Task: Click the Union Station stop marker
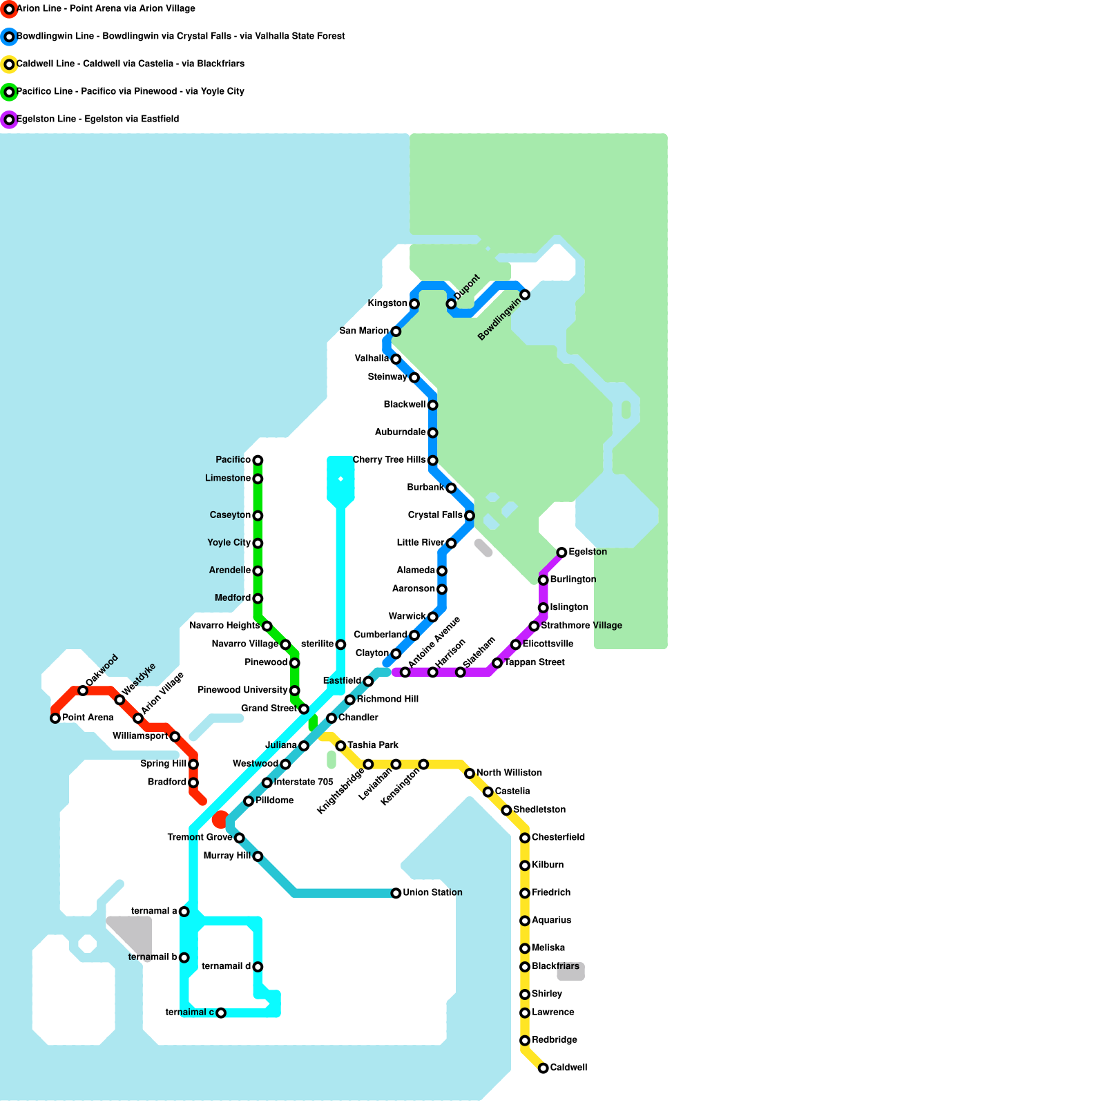(x=396, y=893)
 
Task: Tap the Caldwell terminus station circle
(x=544, y=1068)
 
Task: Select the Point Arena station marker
(x=55, y=718)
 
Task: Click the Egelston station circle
(x=561, y=552)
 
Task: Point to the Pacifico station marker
(x=258, y=460)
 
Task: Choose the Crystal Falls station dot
(x=470, y=515)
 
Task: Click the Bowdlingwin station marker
(x=525, y=295)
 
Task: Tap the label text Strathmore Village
(x=582, y=626)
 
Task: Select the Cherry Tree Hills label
(x=389, y=460)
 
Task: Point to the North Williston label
(x=509, y=773)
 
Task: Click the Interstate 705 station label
(x=303, y=782)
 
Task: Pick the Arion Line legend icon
(x=9, y=9)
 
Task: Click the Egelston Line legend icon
(x=9, y=119)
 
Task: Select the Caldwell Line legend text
(x=131, y=64)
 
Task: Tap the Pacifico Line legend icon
(x=9, y=92)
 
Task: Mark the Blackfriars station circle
(x=525, y=967)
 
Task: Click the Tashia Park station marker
(x=340, y=746)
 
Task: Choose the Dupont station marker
(x=451, y=304)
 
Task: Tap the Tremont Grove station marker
(x=239, y=838)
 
